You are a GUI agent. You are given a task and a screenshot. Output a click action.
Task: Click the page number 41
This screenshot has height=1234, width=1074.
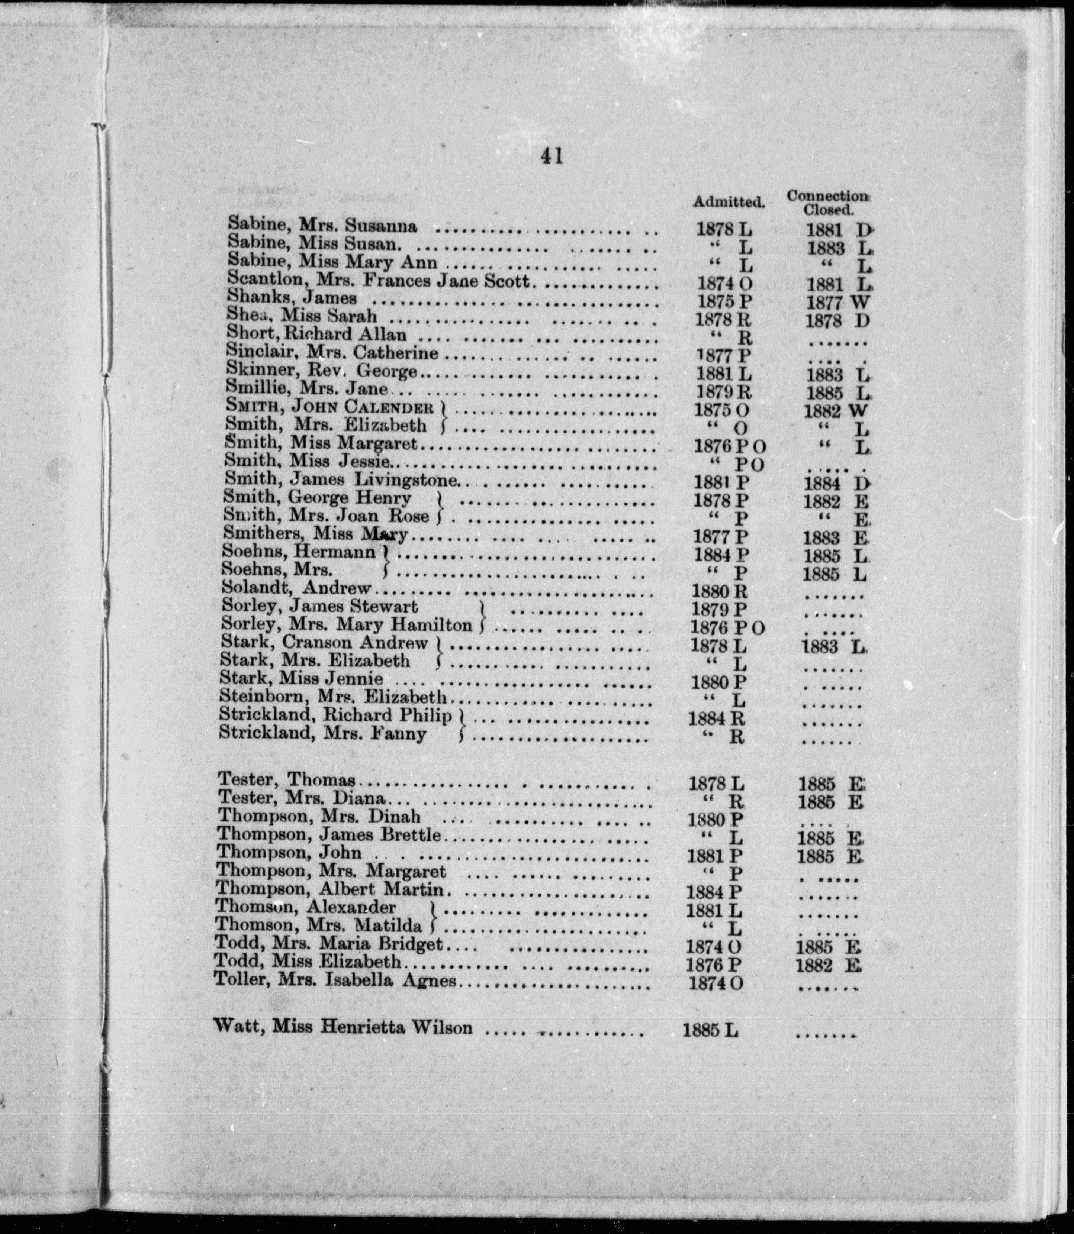(552, 156)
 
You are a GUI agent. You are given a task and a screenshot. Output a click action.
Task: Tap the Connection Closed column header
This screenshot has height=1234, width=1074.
(828, 203)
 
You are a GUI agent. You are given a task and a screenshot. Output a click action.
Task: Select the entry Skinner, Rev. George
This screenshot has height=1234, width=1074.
(321, 371)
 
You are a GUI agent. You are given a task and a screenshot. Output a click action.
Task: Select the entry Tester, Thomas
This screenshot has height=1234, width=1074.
(286, 779)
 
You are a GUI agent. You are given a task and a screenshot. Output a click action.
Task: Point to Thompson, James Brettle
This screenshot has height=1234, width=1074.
(329, 834)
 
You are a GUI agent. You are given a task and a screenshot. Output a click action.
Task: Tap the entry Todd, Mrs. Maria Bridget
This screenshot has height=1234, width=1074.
(329, 945)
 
